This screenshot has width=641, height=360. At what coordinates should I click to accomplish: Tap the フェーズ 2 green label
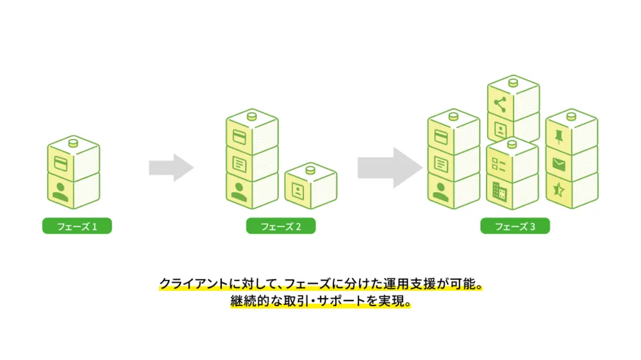281,226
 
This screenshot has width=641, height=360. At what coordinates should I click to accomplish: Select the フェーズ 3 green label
515,226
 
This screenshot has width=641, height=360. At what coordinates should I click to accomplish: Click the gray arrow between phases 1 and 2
171,168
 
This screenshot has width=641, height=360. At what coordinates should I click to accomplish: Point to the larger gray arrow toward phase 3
388,168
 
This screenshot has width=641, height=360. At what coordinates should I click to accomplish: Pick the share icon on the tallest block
499,104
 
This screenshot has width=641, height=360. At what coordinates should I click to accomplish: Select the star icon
558,190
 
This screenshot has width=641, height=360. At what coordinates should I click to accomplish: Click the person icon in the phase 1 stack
61,190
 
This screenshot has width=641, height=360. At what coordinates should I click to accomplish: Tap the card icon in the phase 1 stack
60,163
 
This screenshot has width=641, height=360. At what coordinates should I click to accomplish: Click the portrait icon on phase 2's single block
297,190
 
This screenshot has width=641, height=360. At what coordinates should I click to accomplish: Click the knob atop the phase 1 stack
73,142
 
